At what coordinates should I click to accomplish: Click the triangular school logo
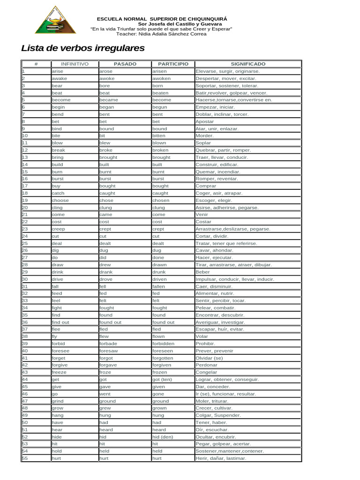tap(55, 21)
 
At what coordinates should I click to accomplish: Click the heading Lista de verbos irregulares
tap(83, 48)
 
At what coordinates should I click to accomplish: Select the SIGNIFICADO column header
tap(248, 64)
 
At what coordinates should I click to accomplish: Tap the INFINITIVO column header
tap(75, 64)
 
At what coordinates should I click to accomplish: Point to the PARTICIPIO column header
tap(173, 64)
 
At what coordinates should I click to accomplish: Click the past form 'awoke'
tap(106, 78)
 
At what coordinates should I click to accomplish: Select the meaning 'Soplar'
tap(203, 143)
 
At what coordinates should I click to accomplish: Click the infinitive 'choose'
tap(60, 200)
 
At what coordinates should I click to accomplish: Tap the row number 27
tap(25, 257)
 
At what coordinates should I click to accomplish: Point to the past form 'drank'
tap(105, 272)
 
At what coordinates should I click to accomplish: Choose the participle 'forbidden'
tap(163, 344)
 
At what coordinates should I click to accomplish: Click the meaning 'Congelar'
tap(206, 372)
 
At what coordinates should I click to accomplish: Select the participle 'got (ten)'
tap(162, 379)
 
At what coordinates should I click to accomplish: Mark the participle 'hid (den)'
tap(163, 437)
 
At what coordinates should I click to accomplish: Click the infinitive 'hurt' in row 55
tap(56, 458)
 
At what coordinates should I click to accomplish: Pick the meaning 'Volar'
tap(202, 336)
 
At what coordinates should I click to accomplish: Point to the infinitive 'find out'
tap(60, 322)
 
